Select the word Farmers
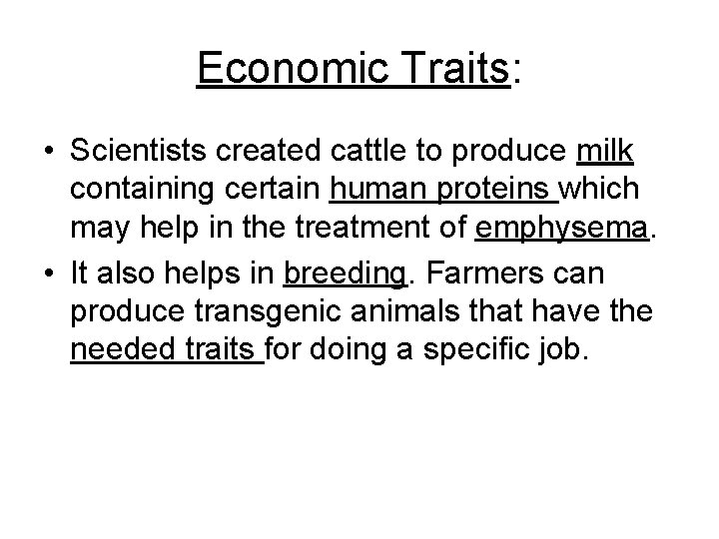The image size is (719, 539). point(483,272)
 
